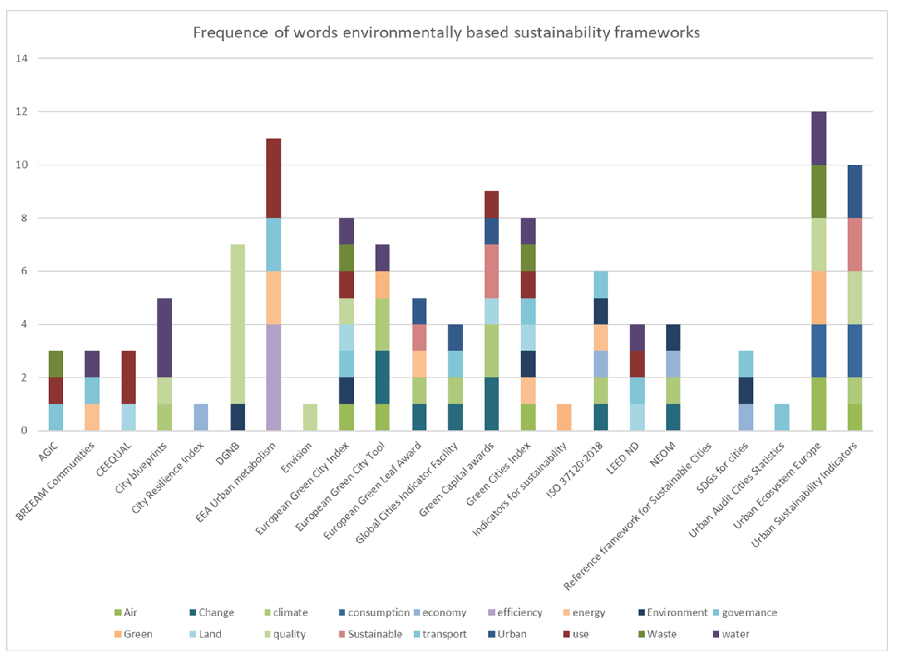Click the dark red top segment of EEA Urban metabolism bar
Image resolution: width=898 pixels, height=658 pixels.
coord(274,178)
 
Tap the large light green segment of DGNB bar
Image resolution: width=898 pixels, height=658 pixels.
coord(237,324)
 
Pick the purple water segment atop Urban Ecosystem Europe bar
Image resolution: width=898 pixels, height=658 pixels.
coord(818,138)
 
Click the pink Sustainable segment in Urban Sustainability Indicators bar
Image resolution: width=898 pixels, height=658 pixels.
coord(855,245)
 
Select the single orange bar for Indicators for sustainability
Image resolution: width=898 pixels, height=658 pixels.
coord(564,417)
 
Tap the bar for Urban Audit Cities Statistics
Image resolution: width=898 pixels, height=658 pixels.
coord(782,417)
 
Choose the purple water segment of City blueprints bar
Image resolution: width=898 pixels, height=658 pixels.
coord(165,337)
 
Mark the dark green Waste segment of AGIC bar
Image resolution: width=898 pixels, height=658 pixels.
coord(56,364)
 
